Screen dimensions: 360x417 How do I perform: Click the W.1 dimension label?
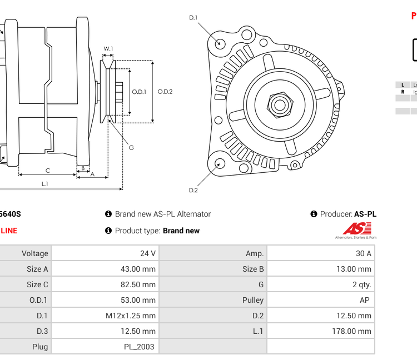coord(108,49)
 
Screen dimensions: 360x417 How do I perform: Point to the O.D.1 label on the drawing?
coord(139,92)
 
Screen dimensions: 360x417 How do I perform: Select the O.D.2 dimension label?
coord(165,92)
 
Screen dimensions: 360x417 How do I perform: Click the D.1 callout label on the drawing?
coord(193,18)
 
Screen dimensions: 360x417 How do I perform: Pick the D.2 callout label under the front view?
coord(193,191)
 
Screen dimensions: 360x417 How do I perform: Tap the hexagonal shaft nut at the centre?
coord(279,104)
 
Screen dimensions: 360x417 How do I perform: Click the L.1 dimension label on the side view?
coord(44,184)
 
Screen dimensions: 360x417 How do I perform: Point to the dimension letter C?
coord(48,171)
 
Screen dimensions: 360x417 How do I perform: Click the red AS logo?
coord(356,229)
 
